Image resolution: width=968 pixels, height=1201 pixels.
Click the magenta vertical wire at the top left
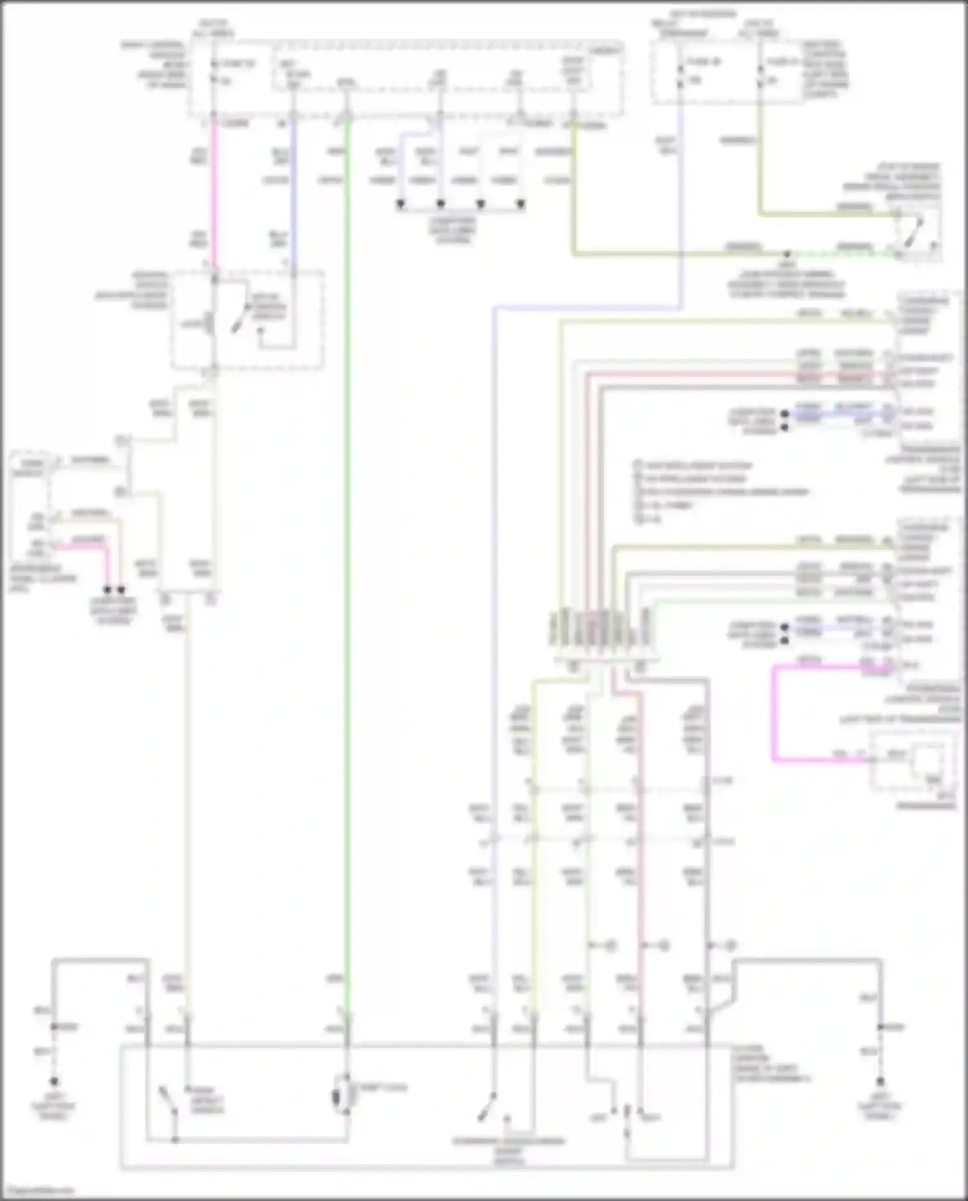214,194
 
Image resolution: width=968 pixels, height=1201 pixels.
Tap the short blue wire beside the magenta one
294,194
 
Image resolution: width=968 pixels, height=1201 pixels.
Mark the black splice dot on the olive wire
787,254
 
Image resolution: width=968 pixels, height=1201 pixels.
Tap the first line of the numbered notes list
694,465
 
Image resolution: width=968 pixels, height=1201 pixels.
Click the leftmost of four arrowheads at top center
401,205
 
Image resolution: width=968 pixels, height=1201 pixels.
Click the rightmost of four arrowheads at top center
521,205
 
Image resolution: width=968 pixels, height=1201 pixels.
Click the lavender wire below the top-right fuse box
680,194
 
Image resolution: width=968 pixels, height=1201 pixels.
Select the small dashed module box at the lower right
913,762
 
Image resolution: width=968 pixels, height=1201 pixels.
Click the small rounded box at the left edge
29,463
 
